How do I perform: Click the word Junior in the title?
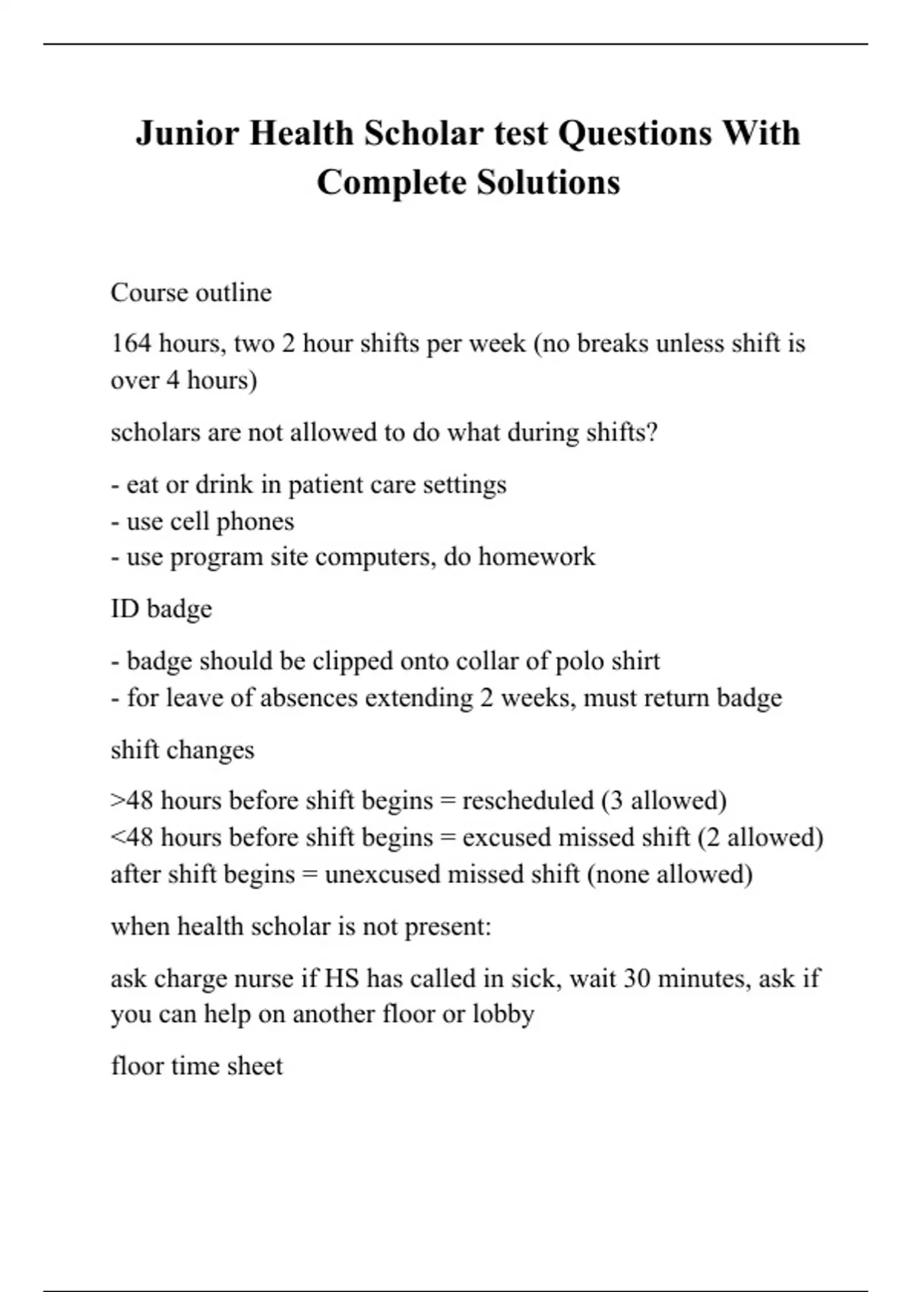pyautogui.click(x=187, y=134)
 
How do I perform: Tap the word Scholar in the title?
pyautogui.click(x=423, y=134)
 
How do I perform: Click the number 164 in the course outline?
pyautogui.click(x=131, y=344)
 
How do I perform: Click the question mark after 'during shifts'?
pyautogui.click(x=652, y=432)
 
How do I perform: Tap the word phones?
pyautogui.click(x=255, y=521)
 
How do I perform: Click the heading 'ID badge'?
pyautogui.click(x=161, y=609)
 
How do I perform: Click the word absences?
pyautogui.click(x=309, y=698)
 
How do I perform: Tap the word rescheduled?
pyautogui.click(x=527, y=800)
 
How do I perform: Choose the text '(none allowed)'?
pyautogui.click(x=670, y=874)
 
